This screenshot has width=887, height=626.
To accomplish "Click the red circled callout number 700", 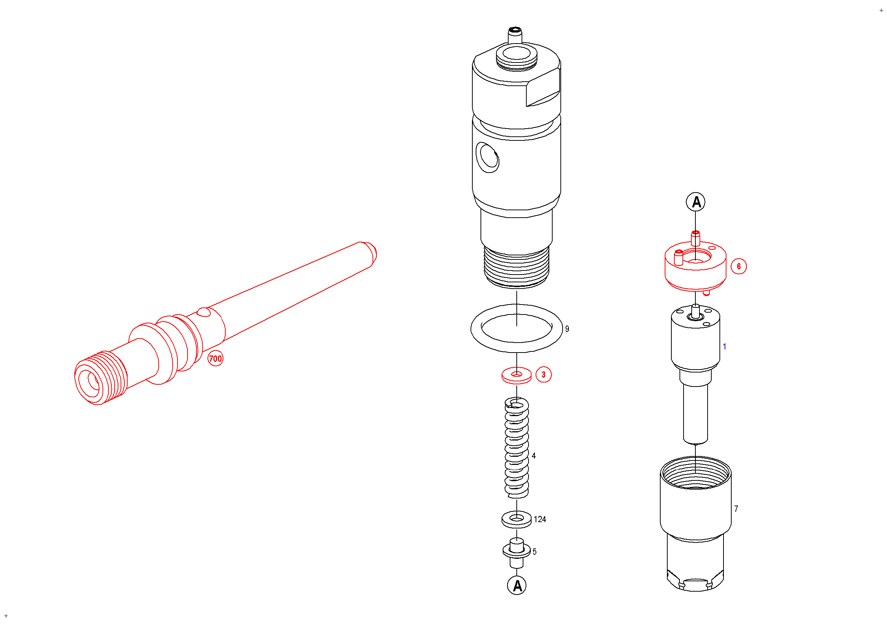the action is click(x=216, y=358).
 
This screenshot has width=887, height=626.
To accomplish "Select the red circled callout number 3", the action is click(x=544, y=374).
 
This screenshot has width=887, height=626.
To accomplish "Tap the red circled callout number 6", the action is click(x=739, y=266).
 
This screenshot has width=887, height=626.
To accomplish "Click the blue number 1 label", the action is click(x=724, y=347).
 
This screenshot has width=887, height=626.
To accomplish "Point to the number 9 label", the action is click(x=567, y=329).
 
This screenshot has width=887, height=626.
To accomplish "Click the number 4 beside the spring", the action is click(x=533, y=456).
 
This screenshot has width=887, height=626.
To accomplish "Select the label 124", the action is click(x=540, y=519).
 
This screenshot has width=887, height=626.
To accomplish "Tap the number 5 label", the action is click(x=534, y=551).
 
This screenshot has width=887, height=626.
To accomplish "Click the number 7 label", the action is click(x=736, y=509).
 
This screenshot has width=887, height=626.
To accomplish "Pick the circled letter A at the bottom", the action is click(x=517, y=585).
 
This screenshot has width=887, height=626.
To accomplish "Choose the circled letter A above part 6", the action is click(x=696, y=201).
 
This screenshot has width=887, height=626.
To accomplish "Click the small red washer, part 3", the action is click(x=516, y=375).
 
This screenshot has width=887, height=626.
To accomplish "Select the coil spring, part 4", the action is click(x=516, y=448).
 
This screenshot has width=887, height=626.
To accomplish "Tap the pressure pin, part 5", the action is click(x=516, y=553).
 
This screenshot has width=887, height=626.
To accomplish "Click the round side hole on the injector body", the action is click(x=488, y=157).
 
